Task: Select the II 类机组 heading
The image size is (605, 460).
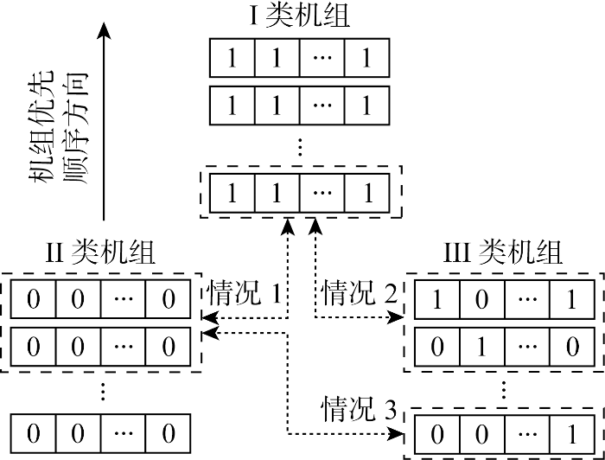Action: click(x=100, y=252)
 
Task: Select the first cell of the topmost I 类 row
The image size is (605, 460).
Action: click(x=232, y=60)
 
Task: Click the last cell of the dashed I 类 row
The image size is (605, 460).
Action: click(x=369, y=193)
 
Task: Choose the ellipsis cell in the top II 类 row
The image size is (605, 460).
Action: click(x=124, y=300)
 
